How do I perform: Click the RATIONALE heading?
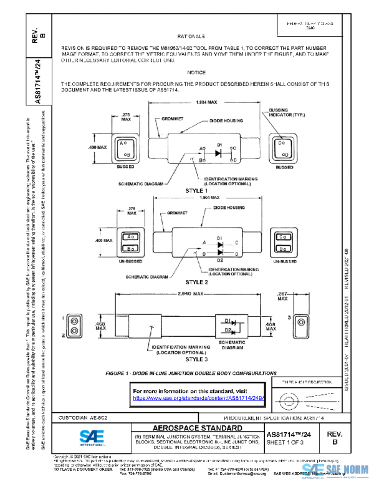click(196, 37)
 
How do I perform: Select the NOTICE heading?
click(196, 72)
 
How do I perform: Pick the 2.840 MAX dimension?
click(191, 293)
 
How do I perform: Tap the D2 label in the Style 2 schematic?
click(219, 260)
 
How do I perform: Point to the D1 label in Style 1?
click(218, 145)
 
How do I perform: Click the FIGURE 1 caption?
click(191, 372)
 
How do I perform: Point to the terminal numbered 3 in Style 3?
click(289, 317)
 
